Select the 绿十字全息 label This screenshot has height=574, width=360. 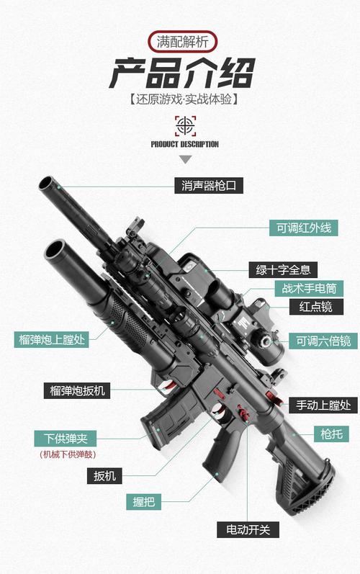point(284,270)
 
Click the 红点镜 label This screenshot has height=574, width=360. point(316,307)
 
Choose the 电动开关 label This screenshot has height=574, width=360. point(248,529)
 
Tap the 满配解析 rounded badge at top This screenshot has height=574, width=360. point(180,42)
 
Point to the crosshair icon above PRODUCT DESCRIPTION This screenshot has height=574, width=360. point(185,125)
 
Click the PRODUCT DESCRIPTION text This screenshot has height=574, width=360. point(185,144)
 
